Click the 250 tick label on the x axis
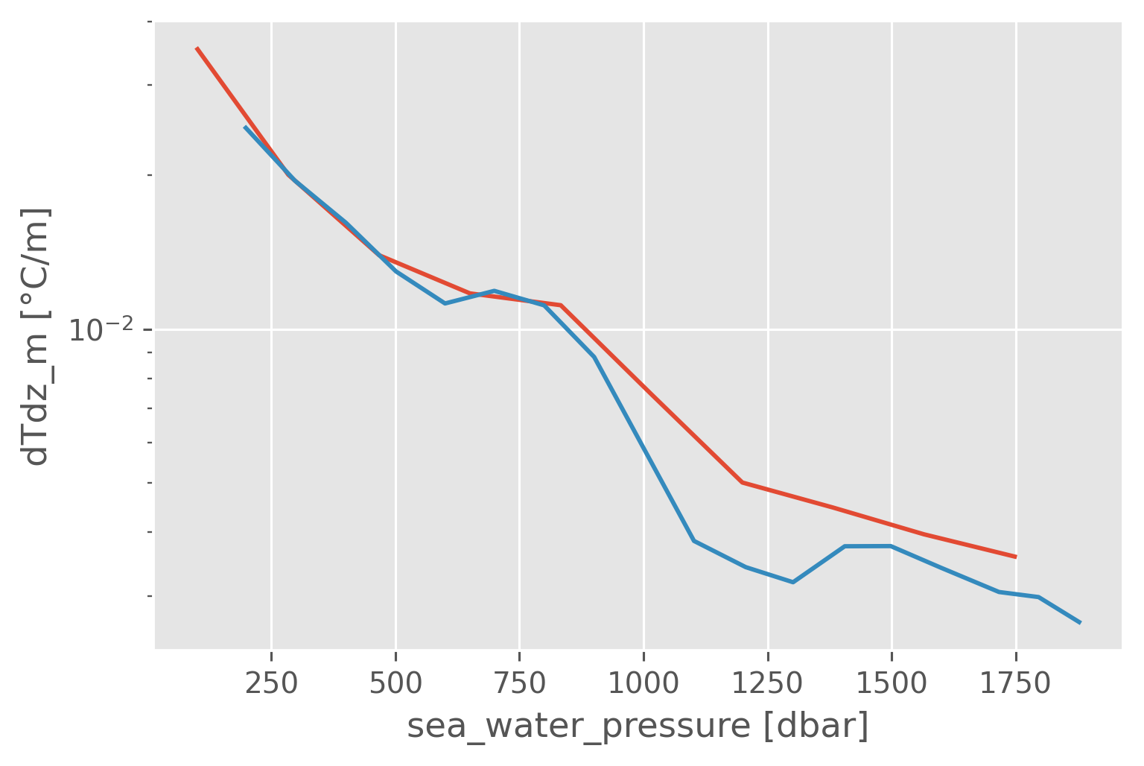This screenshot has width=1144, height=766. (x=271, y=683)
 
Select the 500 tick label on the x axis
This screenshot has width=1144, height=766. (x=395, y=683)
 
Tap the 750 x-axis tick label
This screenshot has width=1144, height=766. (x=520, y=683)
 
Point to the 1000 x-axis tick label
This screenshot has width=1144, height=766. (x=643, y=683)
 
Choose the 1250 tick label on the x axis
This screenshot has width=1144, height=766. (x=768, y=683)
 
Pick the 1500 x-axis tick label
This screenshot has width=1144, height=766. (x=892, y=683)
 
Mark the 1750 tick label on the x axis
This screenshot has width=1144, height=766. (x=1016, y=683)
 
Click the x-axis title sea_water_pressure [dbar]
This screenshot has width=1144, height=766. (x=638, y=727)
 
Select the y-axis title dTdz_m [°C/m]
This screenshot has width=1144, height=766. (x=36, y=337)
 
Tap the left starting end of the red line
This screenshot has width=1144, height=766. (x=197, y=48)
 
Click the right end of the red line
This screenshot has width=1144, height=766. (x=1016, y=557)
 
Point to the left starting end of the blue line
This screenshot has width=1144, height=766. (x=245, y=127)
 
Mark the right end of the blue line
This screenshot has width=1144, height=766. (x=1080, y=623)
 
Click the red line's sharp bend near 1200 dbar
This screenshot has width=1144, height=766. (x=743, y=482)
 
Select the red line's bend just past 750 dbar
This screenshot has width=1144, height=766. (x=560, y=305)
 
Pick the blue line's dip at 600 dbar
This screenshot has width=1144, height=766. (x=445, y=303)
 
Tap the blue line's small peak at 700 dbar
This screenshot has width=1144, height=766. (x=495, y=290)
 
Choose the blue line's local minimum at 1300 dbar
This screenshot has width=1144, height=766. (x=792, y=582)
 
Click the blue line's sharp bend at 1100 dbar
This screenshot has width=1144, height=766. (x=693, y=540)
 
